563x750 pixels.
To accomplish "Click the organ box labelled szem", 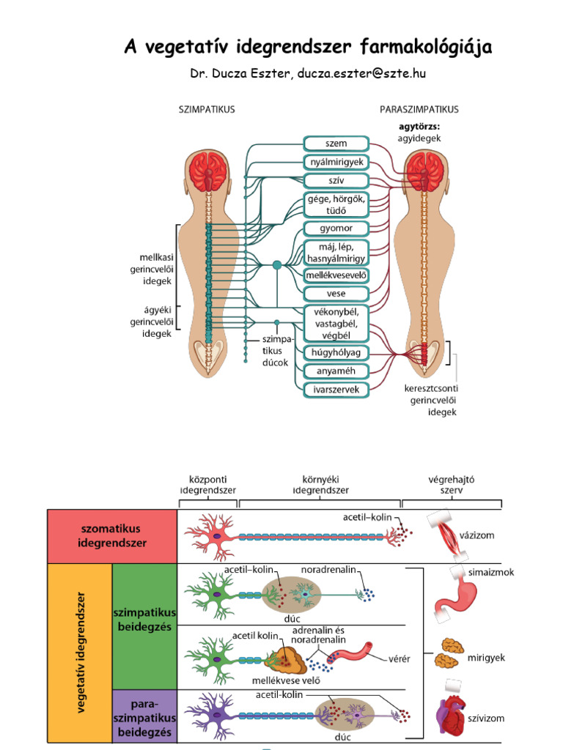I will coord(336,144).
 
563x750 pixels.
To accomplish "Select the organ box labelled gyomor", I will coord(336,229).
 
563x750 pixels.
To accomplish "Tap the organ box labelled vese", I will coord(336,294).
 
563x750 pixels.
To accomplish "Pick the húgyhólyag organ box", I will coord(336,353).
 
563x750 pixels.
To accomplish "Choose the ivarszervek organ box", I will coord(336,390).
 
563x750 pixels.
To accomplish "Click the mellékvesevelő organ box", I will coord(336,275).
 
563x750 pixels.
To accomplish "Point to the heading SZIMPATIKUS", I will coord(207,109).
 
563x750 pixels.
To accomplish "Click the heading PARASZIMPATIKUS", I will coord(419,109).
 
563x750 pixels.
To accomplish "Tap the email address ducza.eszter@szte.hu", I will coord(362,74).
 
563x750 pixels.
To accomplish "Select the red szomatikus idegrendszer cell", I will coord(112,535).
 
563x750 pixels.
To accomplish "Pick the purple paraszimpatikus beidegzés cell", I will coord(144,716).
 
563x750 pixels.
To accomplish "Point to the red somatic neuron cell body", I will coord(218,536).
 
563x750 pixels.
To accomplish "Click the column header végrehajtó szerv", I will coord(452,485).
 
